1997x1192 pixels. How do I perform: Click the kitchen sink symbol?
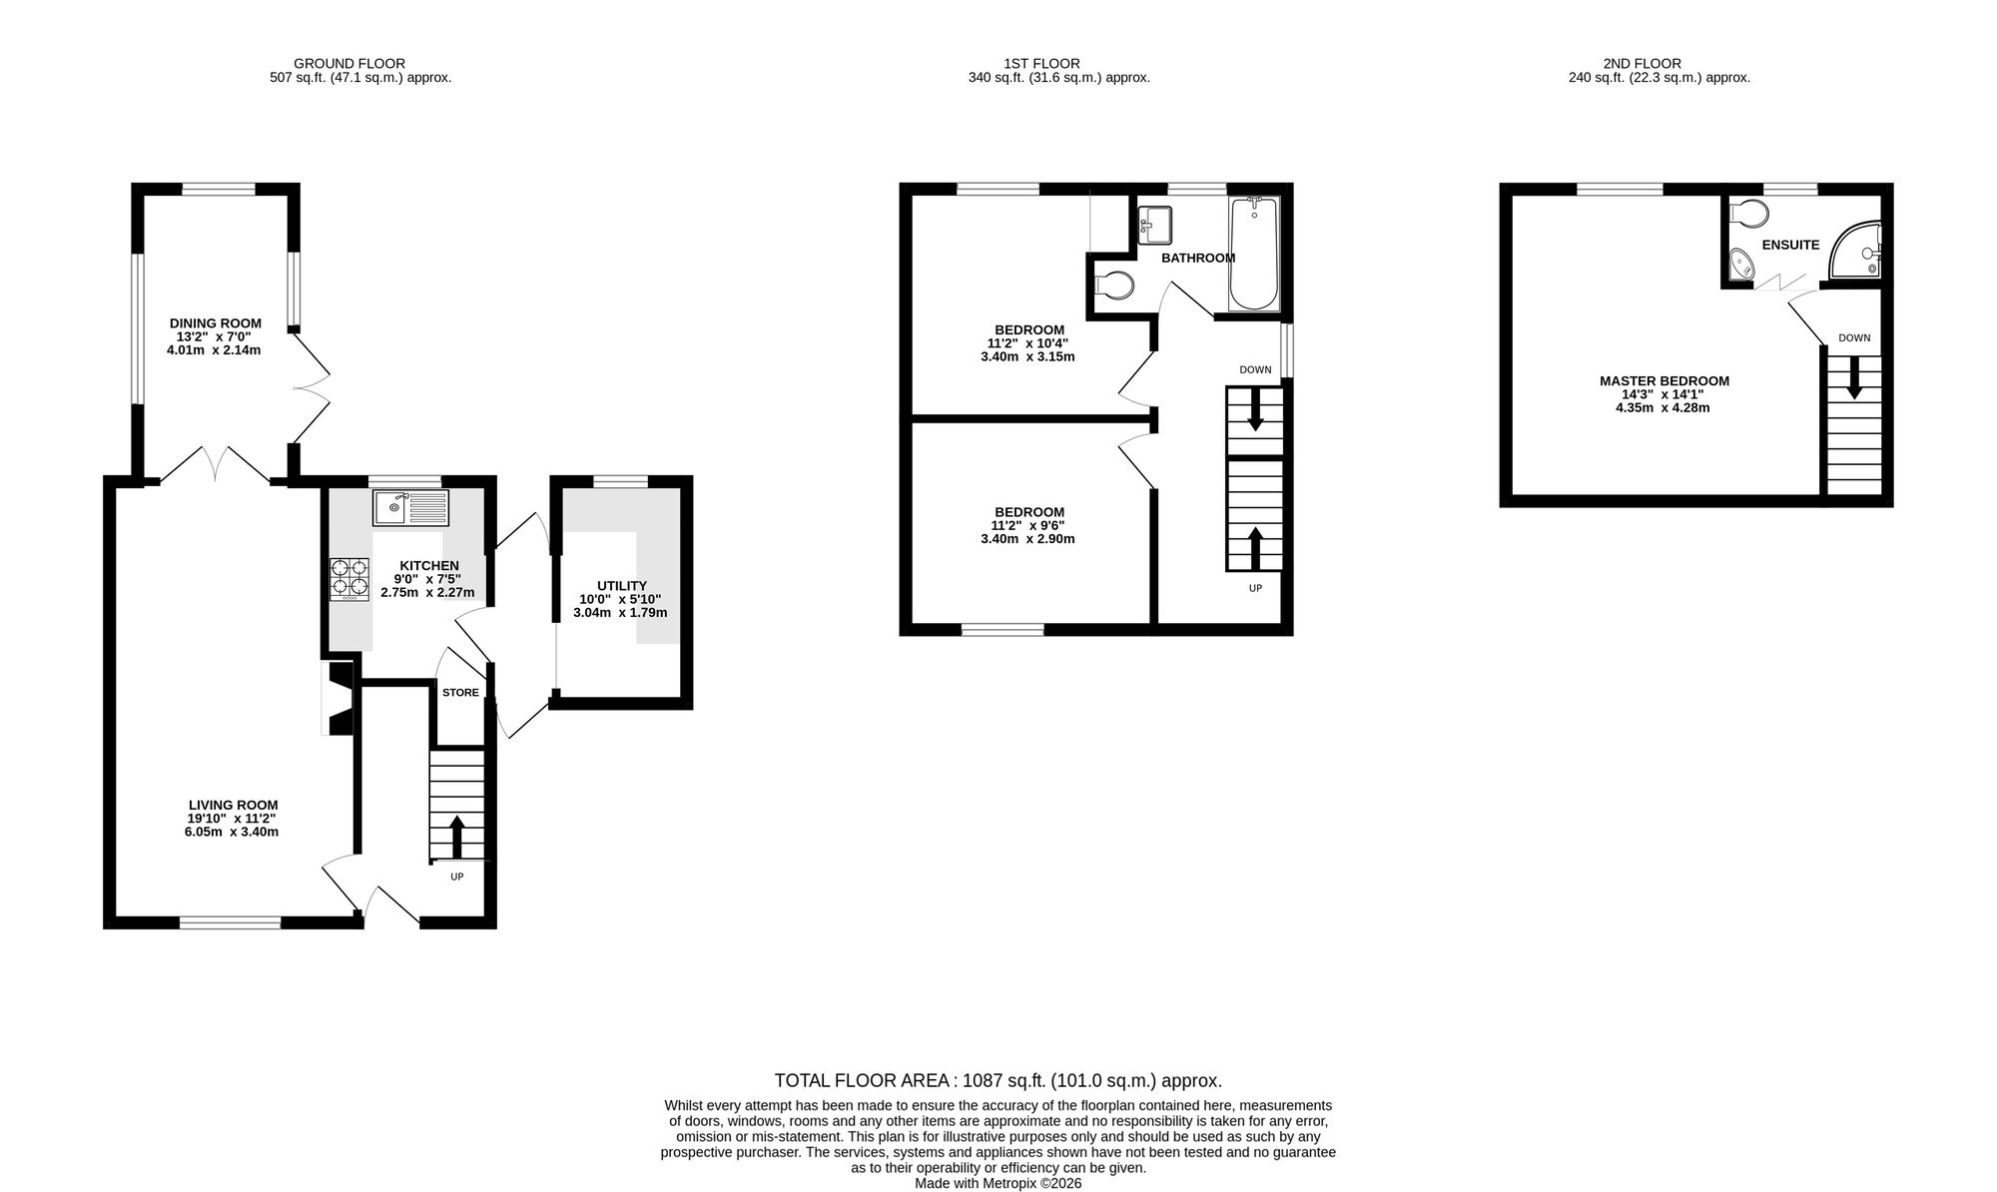coord(411,508)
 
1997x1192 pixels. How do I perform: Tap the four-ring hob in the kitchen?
coord(348,578)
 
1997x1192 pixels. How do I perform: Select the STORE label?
coord(460,693)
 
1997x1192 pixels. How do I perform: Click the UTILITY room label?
coord(621,586)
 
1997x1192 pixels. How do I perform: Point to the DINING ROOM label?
coord(215,323)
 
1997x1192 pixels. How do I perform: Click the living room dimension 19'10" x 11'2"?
coord(232,819)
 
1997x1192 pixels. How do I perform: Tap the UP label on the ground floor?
coord(457,878)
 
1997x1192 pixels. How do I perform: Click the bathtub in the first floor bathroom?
coord(1253,254)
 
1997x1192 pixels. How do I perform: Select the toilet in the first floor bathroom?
coord(1114,286)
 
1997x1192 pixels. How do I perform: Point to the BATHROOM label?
coord(1198,259)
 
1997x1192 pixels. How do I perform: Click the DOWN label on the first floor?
coord(1255,370)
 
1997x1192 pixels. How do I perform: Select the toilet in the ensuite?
coord(1749,213)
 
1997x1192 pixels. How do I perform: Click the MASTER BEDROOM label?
coord(1664,381)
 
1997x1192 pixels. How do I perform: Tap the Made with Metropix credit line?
coord(998,1183)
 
